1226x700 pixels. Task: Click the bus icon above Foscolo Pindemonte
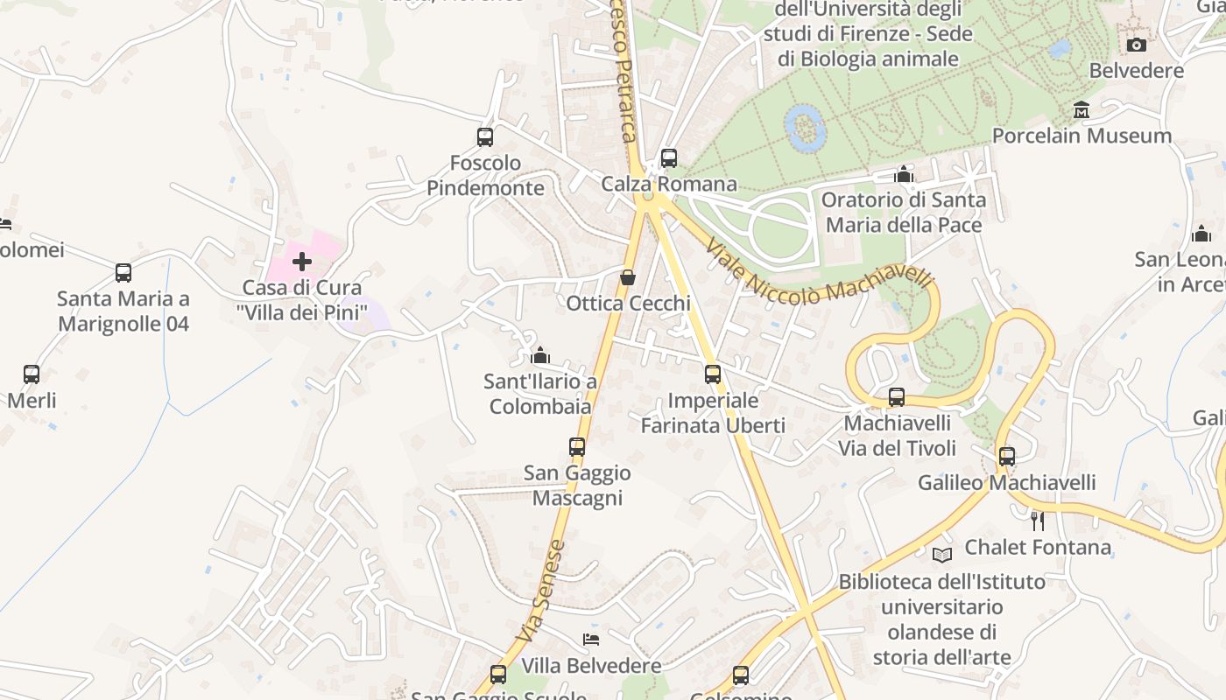(x=485, y=137)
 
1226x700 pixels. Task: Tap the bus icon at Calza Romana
(x=669, y=158)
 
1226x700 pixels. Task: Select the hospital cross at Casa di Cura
(x=302, y=262)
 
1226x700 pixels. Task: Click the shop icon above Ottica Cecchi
(x=628, y=278)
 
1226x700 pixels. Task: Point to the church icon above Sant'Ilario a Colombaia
(x=540, y=355)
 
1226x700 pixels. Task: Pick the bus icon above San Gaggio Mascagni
(x=577, y=447)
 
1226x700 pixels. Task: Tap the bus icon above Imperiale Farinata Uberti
(x=713, y=374)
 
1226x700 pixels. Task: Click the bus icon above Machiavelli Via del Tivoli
(x=897, y=397)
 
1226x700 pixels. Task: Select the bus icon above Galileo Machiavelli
(x=1007, y=457)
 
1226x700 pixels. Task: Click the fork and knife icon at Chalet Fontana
(x=1038, y=521)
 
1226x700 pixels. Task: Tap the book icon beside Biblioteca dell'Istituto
(x=942, y=555)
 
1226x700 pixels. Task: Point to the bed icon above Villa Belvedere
(x=591, y=640)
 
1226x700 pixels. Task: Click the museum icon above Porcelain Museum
(x=1082, y=110)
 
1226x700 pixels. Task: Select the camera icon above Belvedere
(x=1137, y=45)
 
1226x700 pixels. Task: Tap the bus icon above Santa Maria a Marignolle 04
(x=123, y=273)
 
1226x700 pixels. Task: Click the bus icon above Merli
(x=32, y=374)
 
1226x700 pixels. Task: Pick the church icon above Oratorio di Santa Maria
(x=905, y=175)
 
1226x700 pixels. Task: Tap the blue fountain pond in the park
(x=806, y=128)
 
